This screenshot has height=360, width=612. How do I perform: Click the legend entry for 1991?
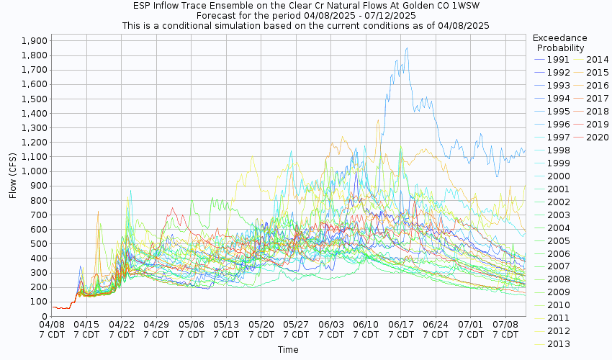coord(558,59)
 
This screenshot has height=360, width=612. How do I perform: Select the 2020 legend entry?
coord(597,138)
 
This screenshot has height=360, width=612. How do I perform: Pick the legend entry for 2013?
coord(558,344)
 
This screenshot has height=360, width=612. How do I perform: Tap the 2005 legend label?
coord(558,240)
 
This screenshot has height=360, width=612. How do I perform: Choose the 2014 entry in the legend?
coord(597,59)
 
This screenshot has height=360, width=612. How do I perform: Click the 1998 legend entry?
coord(558,150)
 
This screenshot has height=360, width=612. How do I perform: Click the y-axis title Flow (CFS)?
coord(13,176)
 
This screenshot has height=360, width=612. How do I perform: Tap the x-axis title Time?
coord(288,350)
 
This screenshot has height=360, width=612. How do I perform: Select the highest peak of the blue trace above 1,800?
coord(407,48)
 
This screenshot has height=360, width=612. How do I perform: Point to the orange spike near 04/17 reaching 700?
coord(97,212)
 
